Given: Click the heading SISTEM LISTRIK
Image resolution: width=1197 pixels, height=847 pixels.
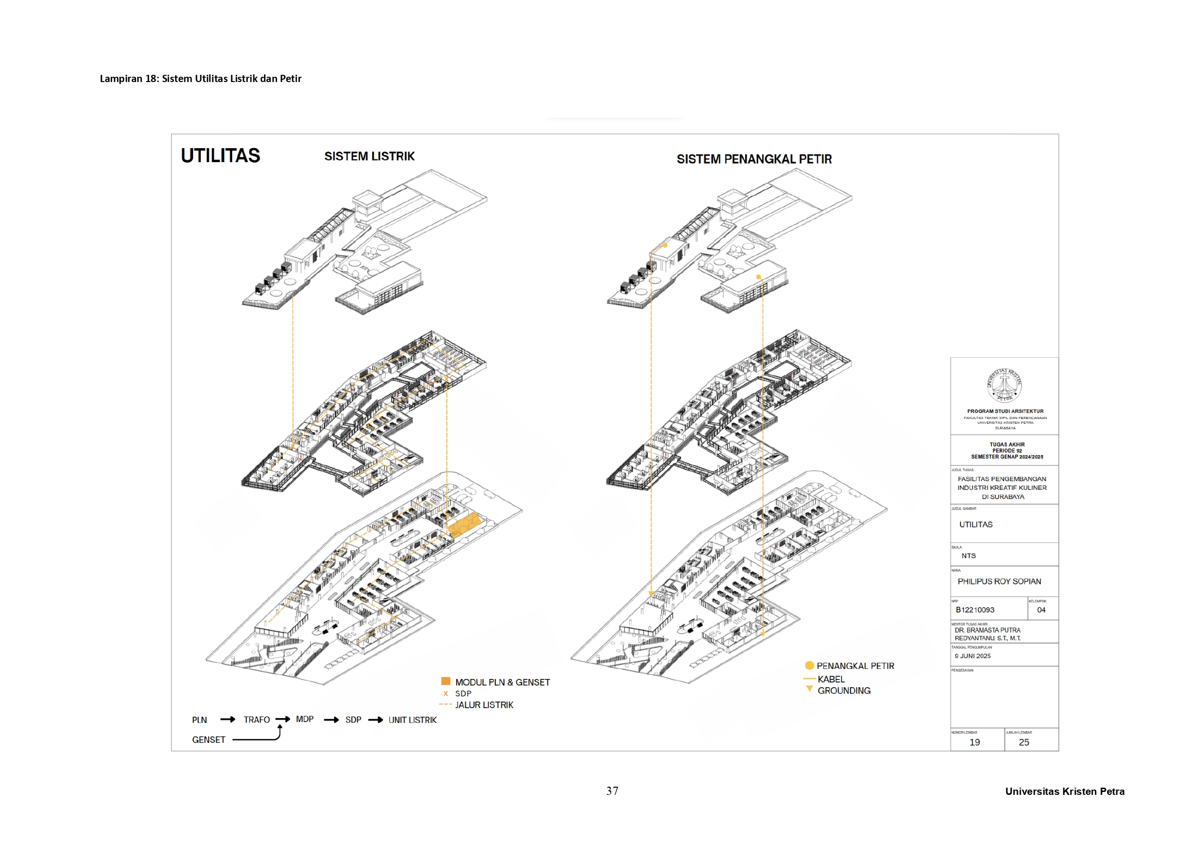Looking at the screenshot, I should pyautogui.click(x=369, y=156).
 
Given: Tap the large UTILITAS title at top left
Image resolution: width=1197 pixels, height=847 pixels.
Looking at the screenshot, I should pyautogui.click(x=220, y=156).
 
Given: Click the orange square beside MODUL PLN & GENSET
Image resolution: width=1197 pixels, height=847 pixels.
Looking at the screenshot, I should pyautogui.click(x=445, y=680).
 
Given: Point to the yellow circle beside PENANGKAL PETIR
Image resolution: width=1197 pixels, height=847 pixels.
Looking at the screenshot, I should pyautogui.click(x=809, y=665).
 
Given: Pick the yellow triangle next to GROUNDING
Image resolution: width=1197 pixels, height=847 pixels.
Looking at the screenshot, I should pyautogui.click(x=809, y=689).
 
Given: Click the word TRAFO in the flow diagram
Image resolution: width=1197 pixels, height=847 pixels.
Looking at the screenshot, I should pyautogui.click(x=257, y=720).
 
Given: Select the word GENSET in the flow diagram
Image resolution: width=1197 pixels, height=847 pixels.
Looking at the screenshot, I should pyautogui.click(x=209, y=739).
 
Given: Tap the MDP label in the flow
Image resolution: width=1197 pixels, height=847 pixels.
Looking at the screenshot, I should pyautogui.click(x=305, y=719).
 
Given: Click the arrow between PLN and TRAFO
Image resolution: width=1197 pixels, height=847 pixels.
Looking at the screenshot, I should pyautogui.click(x=227, y=720).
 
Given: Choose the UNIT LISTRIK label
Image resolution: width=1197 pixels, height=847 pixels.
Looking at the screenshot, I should pyautogui.click(x=412, y=720).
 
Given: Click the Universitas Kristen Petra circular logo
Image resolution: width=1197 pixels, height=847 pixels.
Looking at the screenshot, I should pyautogui.click(x=1004, y=385).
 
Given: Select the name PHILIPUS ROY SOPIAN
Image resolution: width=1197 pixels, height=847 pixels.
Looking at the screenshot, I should pyautogui.click(x=999, y=581).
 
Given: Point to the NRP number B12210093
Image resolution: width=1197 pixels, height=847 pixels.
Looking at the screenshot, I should pyautogui.click(x=975, y=610).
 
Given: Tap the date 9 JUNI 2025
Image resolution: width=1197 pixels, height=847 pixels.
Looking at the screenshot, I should pyautogui.click(x=973, y=656).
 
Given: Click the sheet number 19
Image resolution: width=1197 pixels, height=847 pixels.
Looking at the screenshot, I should pyautogui.click(x=974, y=742).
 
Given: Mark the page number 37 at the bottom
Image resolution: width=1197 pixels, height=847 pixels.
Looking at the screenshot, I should pyautogui.click(x=612, y=791).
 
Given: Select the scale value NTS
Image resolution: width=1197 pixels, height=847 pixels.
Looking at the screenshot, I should pyautogui.click(x=969, y=556).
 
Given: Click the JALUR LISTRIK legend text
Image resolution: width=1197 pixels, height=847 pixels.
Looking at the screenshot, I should pyautogui.click(x=484, y=705).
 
